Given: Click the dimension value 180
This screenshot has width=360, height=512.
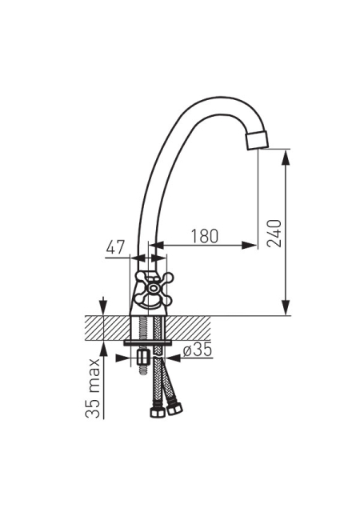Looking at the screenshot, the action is (204, 236).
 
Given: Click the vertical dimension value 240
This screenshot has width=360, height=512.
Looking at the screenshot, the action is (274, 234).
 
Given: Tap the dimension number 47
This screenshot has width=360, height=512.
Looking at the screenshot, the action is (115, 247).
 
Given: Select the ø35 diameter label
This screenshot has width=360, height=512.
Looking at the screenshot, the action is (198, 350).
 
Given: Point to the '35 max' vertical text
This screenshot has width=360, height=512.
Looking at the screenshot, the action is (93, 388).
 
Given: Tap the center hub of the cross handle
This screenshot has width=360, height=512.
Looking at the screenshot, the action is (153, 289).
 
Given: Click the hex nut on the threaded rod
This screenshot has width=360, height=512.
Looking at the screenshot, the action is (142, 358).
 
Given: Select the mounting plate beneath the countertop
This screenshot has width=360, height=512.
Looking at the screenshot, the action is (148, 343).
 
